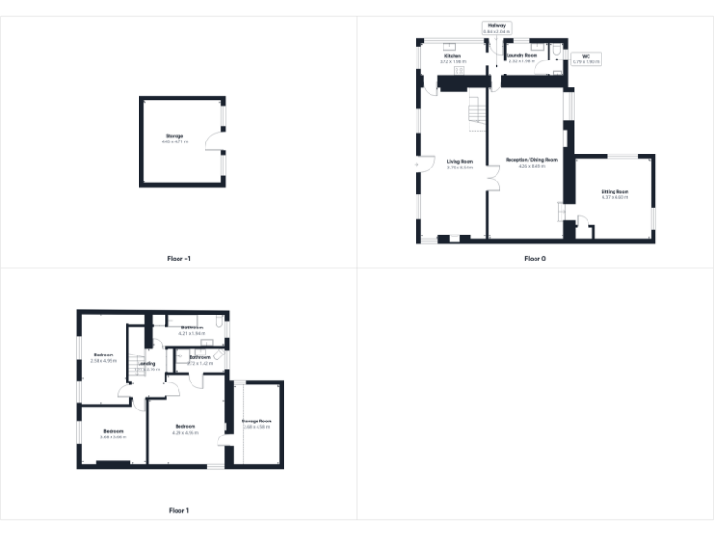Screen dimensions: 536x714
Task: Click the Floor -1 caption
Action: pyautogui.click(x=178, y=258)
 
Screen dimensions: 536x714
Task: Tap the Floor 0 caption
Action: pyautogui.click(x=535, y=258)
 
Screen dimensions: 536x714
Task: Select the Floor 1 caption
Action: pyautogui.click(x=178, y=510)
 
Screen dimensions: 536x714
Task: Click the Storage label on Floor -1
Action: pyautogui.click(x=175, y=136)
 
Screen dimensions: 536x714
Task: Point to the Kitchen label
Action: pyautogui.click(x=453, y=56)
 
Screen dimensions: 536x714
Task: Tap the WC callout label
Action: pyautogui.click(x=587, y=56)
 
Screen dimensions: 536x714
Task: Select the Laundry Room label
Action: pyautogui.click(x=522, y=56)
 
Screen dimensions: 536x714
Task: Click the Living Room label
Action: pyautogui.click(x=460, y=161)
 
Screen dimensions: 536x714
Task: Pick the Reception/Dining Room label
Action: pyautogui.click(x=532, y=160)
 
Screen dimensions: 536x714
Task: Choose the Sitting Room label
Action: pyautogui.click(x=615, y=192)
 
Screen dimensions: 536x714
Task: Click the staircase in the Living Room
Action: pyautogui.click(x=476, y=109)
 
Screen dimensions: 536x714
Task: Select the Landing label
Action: pyautogui.click(x=147, y=363)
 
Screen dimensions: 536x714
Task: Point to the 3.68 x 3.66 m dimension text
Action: pyautogui.click(x=113, y=436)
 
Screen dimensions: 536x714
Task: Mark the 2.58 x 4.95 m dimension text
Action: pyautogui.click(x=103, y=360)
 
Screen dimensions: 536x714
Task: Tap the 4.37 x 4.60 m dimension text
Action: pyautogui.click(x=615, y=197)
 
